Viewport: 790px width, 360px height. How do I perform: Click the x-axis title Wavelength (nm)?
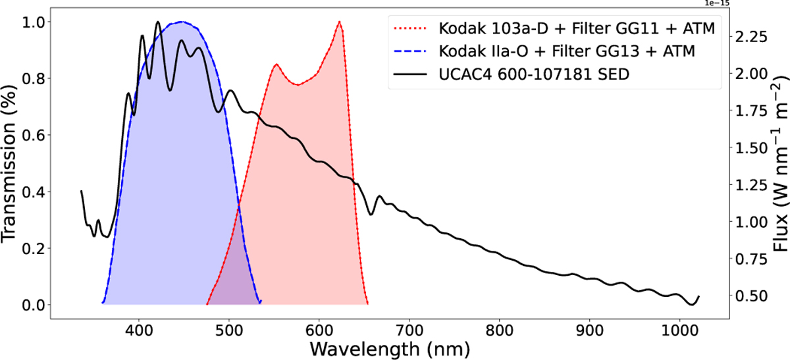click(388, 346)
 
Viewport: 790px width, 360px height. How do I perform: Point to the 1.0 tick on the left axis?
click(31, 22)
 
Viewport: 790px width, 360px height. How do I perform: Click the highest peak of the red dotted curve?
click(340, 22)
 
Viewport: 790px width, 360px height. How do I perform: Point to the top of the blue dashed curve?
click(182, 22)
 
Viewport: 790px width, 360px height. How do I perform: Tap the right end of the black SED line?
click(698, 297)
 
